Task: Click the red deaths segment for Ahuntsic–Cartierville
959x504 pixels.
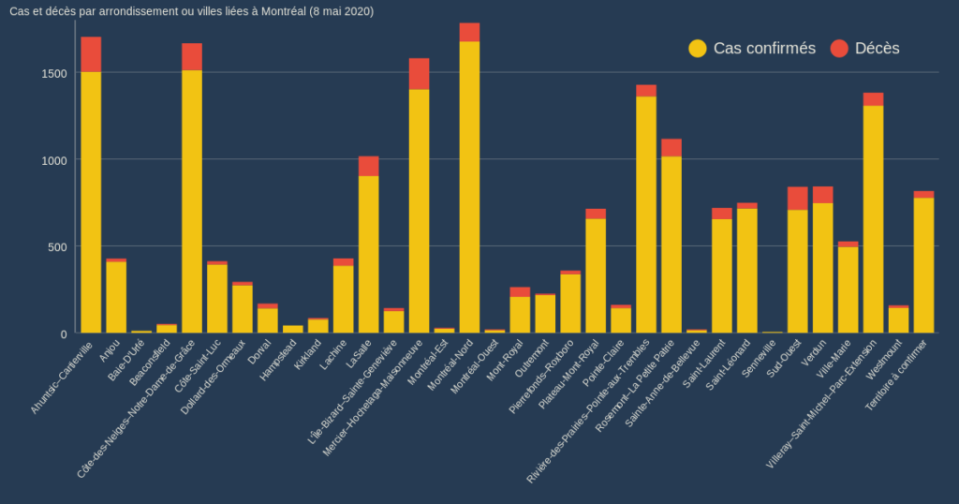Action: (x=91, y=54)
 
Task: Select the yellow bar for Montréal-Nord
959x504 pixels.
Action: (x=469, y=187)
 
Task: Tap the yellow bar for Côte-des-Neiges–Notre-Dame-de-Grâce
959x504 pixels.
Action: (x=192, y=201)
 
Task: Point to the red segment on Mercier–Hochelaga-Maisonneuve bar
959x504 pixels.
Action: (x=419, y=74)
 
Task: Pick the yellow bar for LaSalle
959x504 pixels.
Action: (x=368, y=254)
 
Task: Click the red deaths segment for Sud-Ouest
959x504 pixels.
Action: (x=797, y=199)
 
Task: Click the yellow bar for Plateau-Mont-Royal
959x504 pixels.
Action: (x=596, y=275)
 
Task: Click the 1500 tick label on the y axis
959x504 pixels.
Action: (x=52, y=73)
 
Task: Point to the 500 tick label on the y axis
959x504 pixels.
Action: (x=56, y=246)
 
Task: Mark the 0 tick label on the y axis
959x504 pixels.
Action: (x=64, y=334)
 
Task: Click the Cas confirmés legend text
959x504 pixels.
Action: (x=764, y=48)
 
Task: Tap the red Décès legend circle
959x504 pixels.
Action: (x=839, y=48)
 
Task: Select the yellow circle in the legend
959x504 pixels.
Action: (x=698, y=48)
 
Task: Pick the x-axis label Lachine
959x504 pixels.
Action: (x=333, y=354)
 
